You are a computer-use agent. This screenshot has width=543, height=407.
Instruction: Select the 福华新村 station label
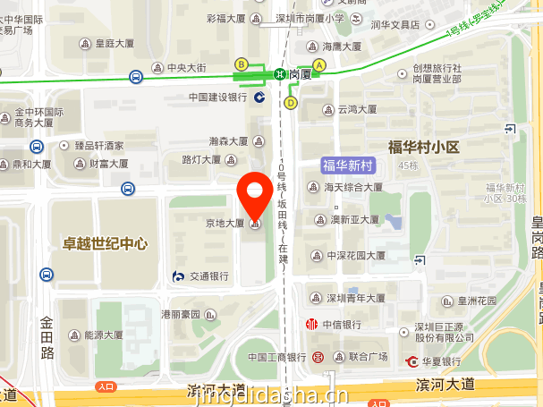coord(347,165)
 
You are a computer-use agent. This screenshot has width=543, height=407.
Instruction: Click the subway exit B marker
coord(241,64)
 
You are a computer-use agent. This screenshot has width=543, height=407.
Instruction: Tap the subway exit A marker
coord(319,64)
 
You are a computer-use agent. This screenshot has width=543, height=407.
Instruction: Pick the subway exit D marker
coord(291,102)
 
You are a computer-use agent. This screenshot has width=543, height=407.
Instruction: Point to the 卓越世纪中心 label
coord(105,243)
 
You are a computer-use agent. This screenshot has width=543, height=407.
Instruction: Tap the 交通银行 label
coord(208,276)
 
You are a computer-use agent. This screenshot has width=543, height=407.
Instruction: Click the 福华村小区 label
coord(423,147)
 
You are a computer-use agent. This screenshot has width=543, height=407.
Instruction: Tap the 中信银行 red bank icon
coord(312,324)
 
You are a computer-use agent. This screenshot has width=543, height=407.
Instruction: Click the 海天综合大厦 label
coord(352,187)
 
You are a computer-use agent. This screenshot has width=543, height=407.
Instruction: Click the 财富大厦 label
coord(108,164)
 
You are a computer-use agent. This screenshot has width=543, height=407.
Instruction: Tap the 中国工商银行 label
coord(276,357)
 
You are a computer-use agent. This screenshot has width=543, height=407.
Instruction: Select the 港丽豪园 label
coord(182,314)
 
